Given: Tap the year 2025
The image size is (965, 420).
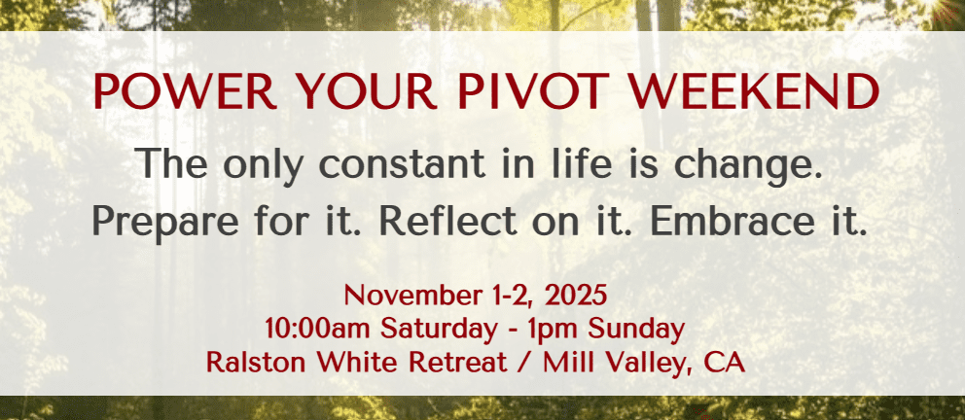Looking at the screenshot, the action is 576,297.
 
